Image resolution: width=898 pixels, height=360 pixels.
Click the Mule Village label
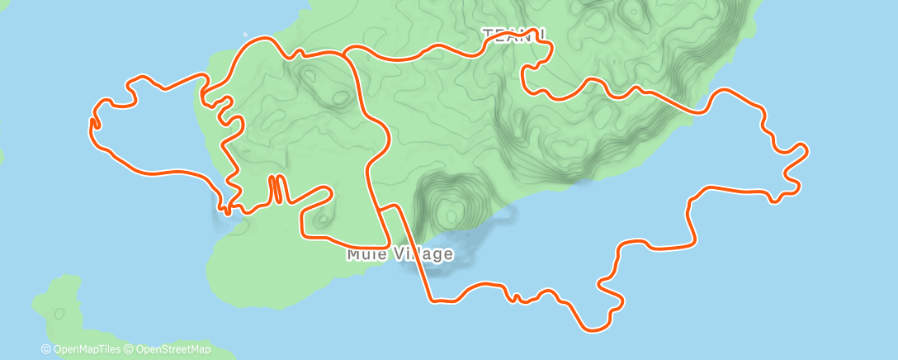point(399,254)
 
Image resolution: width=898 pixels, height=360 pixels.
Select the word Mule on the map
point(363,254)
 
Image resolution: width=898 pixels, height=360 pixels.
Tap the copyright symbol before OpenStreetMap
point(129,350)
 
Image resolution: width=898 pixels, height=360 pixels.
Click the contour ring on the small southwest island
point(60,314)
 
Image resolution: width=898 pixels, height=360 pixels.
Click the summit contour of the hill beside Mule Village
point(451,216)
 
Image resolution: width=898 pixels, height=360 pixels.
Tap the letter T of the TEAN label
point(488,34)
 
